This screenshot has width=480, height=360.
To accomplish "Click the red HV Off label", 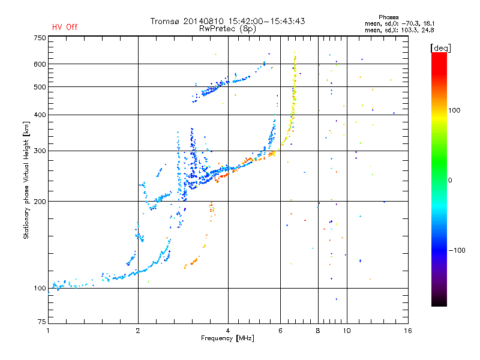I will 65,27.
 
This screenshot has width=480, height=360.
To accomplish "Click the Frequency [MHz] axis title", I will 227,338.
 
